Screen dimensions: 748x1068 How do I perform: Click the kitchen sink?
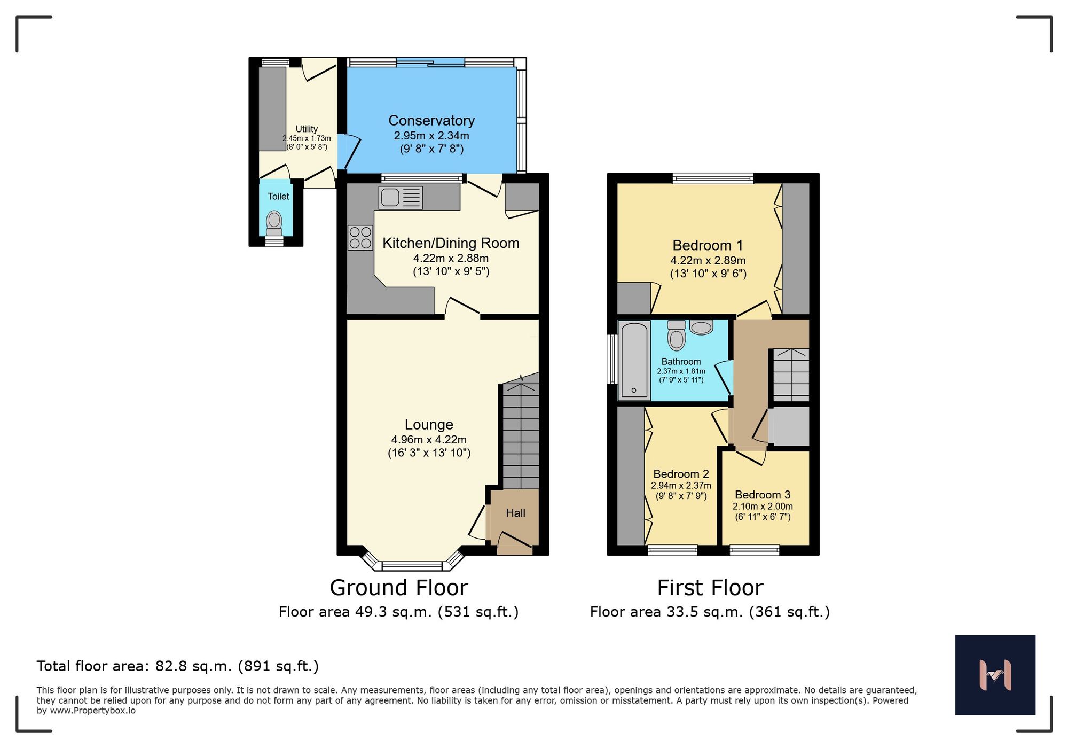coord(400,198)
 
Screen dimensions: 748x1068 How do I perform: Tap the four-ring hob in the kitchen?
coord(360,238)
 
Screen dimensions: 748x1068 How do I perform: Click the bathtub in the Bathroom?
coord(634,360)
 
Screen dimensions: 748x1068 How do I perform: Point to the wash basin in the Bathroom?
coord(701,327)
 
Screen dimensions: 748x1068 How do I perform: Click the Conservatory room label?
coord(431,121)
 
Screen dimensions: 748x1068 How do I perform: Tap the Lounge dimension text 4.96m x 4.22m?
coord(429,440)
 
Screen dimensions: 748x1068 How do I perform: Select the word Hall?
coord(515,513)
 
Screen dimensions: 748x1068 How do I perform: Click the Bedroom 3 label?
coord(762,495)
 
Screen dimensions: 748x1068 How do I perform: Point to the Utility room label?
coord(307,129)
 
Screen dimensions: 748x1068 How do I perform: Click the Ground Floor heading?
coord(399,588)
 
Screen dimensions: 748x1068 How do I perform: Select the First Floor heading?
coord(710,588)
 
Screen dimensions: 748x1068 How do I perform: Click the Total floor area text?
coord(177,666)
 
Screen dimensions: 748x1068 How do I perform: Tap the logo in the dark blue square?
coord(995,675)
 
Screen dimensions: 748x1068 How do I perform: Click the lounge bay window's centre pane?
coord(412,566)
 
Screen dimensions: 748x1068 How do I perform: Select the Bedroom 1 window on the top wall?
coord(712,178)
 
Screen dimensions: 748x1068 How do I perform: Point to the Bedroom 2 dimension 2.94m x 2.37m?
coord(681,486)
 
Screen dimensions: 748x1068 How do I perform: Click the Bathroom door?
coord(724,377)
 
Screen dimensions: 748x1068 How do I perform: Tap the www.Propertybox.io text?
coord(93,711)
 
